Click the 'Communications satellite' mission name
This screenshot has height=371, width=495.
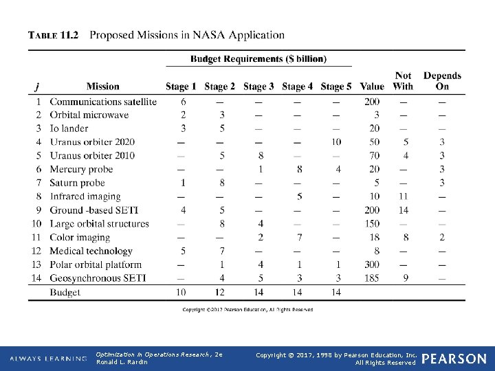pyautogui.click(x=103, y=102)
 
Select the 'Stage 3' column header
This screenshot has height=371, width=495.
pyautogui.click(x=258, y=87)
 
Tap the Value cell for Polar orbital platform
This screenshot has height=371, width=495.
pyautogui.click(x=372, y=265)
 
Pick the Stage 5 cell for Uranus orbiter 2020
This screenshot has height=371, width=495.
pyautogui.click(x=335, y=142)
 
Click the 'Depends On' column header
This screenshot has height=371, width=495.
pyautogui.click(x=442, y=80)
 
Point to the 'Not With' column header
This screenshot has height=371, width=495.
pyautogui.click(x=404, y=80)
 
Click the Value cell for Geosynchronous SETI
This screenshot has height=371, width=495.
pyautogui.click(x=372, y=278)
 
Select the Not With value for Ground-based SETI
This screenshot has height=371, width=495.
pyautogui.click(x=404, y=210)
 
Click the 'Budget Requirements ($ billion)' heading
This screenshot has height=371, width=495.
pyautogui.click(x=258, y=59)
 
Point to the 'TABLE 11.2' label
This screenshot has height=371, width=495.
pyautogui.click(x=54, y=35)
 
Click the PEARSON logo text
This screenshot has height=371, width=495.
pyautogui.click(x=454, y=359)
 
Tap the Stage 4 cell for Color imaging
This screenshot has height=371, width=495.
pyautogui.click(x=299, y=238)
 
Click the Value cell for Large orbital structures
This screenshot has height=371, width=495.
pyautogui.click(x=372, y=224)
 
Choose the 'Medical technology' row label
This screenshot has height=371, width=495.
pyautogui.click(x=91, y=251)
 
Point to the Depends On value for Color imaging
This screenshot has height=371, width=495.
pyautogui.click(x=442, y=238)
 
